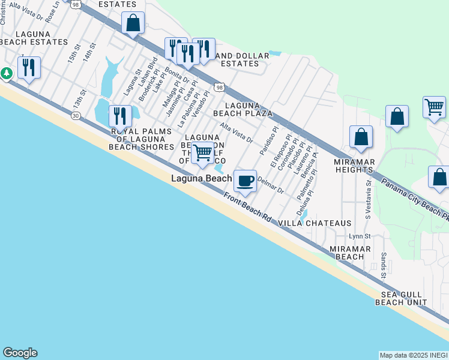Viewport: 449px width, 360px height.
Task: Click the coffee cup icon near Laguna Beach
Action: click(244, 181)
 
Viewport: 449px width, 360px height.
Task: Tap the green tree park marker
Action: click(7, 73)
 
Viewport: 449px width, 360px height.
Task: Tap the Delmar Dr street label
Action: click(270, 185)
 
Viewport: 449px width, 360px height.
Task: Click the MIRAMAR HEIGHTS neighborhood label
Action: click(355, 166)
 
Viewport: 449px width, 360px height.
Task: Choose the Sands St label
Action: click(384, 265)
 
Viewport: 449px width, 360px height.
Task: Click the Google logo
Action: click(20, 353)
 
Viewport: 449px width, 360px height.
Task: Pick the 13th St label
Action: click(77, 98)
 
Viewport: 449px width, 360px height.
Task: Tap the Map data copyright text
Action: click(414, 355)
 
